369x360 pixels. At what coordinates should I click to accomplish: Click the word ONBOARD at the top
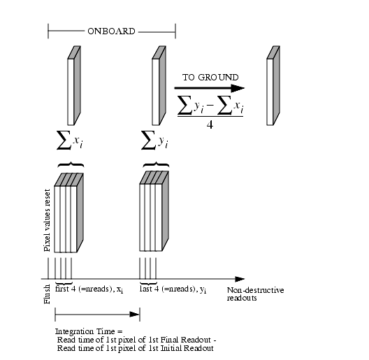[x=111, y=31]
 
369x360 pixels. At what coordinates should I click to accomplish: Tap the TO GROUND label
[x=210, y=78]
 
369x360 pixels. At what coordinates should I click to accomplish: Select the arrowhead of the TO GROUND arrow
[x=238, y=88]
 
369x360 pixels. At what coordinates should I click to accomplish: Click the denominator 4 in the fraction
[x=210, y=125]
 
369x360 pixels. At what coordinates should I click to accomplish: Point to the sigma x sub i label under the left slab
[x=70, y=140]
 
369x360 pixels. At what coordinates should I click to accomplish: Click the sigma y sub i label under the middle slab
[x=155, y=140]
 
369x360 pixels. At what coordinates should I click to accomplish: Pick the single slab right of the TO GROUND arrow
[x=273, y=86]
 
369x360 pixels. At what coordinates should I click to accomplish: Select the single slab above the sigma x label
[x=74, y=86]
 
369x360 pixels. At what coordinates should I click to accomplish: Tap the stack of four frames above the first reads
[x=68, y=213]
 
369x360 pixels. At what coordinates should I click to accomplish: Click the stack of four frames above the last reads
[x=154, y=211]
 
